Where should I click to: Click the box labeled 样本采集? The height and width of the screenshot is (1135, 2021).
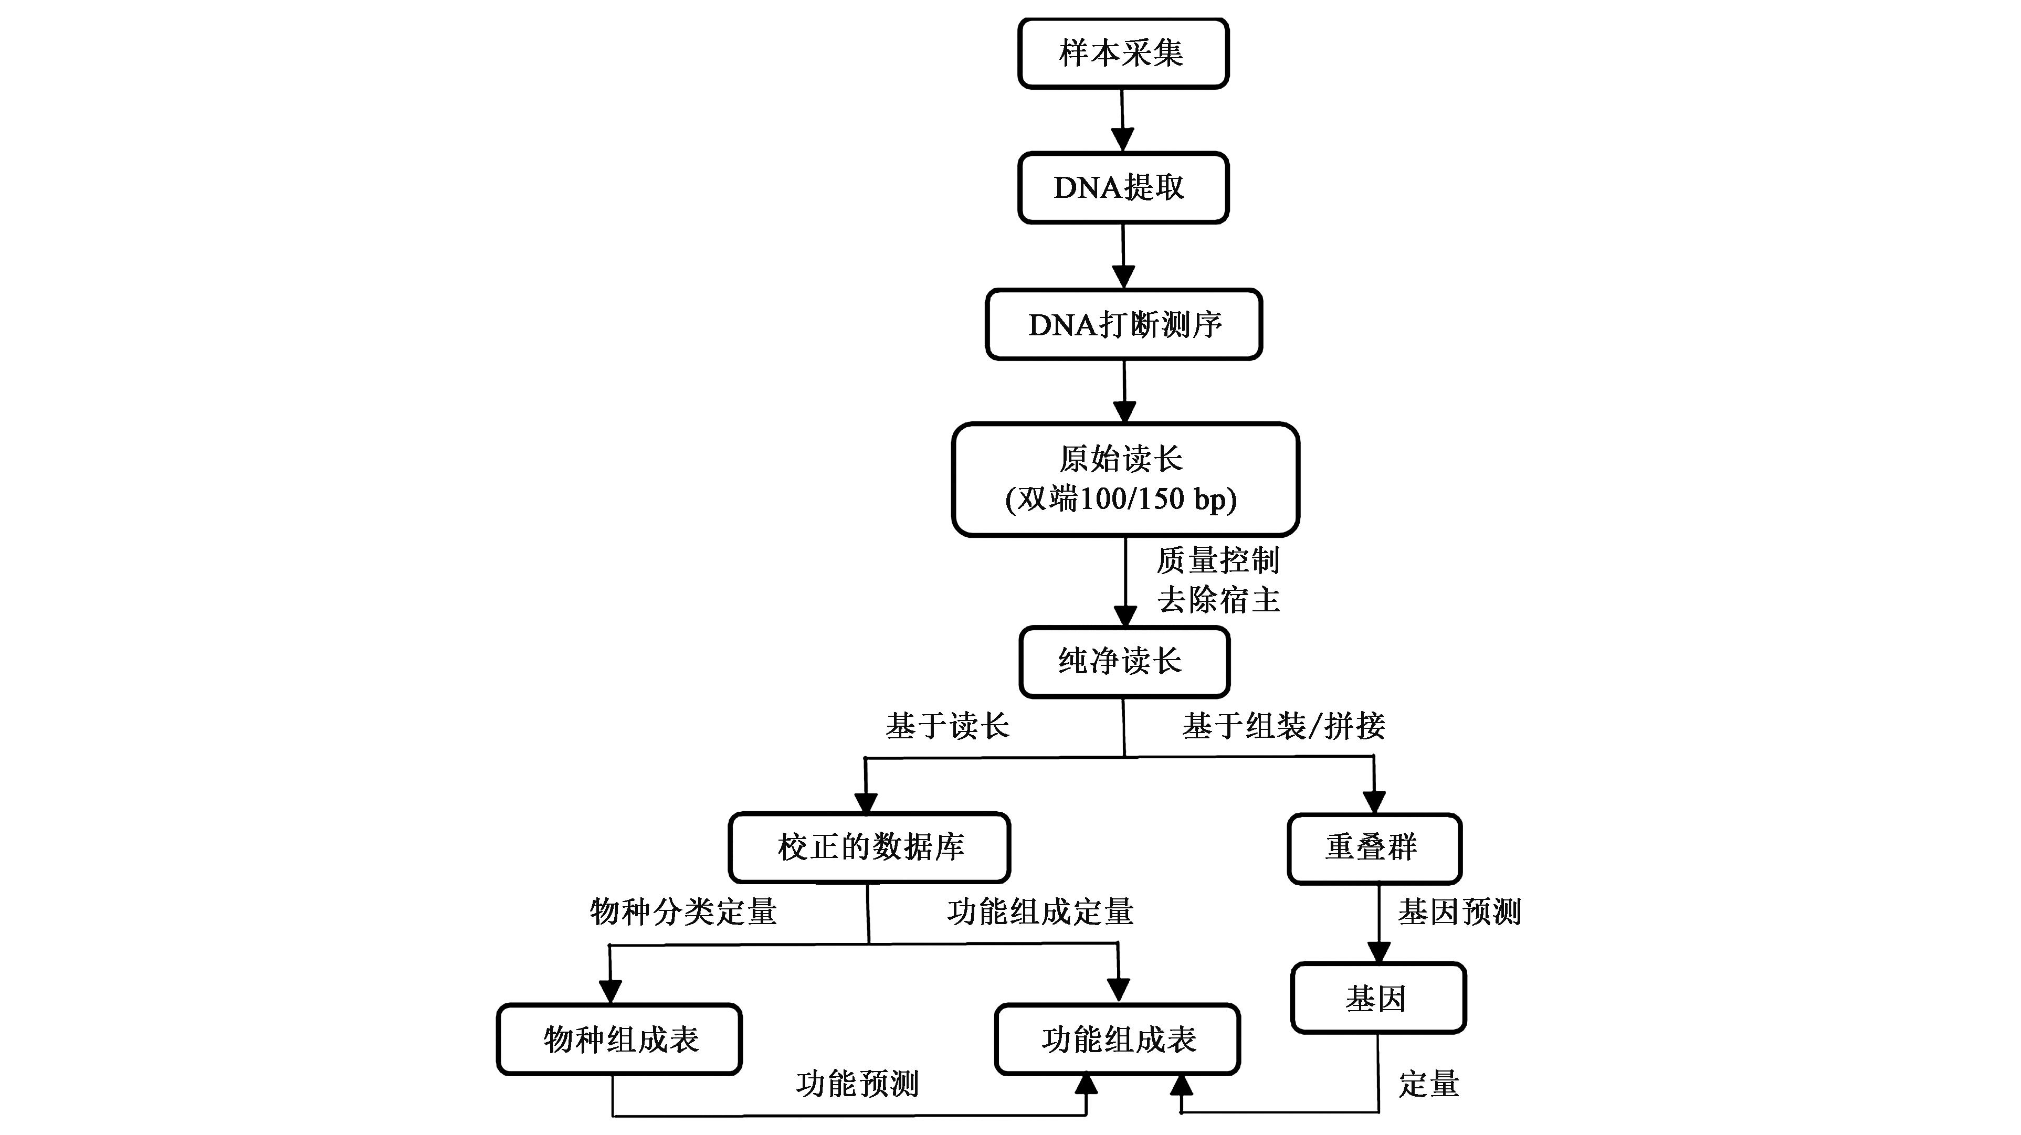click(1123, 54)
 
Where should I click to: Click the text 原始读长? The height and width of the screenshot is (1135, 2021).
click(1121, 459)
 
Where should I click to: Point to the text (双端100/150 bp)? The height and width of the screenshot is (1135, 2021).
click(1121, 500)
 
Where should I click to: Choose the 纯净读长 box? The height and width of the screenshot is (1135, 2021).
click(1123, 661)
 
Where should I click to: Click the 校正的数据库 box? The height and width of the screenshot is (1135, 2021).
click(869, 847)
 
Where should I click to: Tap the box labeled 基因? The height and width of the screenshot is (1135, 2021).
click(1377, 998)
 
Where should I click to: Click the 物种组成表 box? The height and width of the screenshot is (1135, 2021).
click(619, 1039)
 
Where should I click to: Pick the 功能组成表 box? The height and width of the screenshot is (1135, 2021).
click(1117, 1039)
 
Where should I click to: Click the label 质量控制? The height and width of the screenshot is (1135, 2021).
click(1218, 560)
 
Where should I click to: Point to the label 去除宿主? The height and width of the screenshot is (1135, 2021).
click(1218, 600)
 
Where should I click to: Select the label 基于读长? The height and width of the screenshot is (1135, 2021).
click(947, 726)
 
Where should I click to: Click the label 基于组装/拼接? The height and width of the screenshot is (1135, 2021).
click(1283, 726)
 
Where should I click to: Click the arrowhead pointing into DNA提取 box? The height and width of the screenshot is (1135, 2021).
click(1123, 141)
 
